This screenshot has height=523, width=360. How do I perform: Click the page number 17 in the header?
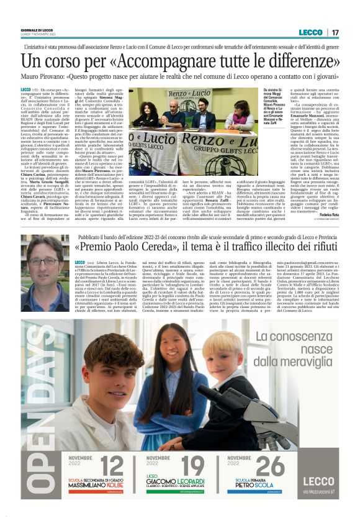coord(335,32)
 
